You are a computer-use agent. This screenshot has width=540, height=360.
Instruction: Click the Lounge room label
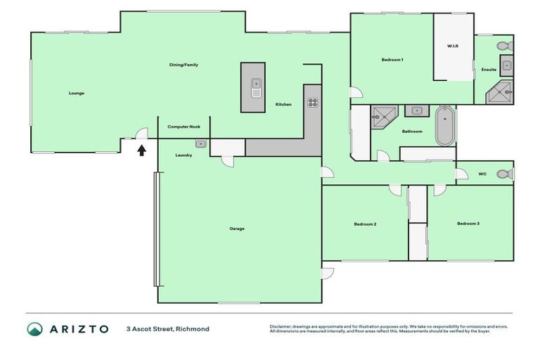(77, 93)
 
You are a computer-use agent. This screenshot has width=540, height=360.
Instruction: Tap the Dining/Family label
(184, 65)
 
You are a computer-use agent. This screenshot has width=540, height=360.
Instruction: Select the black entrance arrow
(141, 149)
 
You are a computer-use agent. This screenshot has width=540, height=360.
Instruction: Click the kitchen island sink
(257, 89)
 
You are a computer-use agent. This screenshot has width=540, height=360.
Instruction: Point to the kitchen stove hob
(312, 103)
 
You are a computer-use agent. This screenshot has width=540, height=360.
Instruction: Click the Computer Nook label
(184, 127)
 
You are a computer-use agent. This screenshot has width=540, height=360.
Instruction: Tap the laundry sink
(200, 143)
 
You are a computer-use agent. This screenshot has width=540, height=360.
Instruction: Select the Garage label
(236, 229)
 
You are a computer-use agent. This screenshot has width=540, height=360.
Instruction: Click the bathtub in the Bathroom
(444, 126)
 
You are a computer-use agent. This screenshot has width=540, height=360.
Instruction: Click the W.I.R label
(453, 46)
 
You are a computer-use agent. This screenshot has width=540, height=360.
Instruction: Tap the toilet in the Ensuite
(504, 46)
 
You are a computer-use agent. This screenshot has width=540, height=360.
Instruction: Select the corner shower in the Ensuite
(503, 91)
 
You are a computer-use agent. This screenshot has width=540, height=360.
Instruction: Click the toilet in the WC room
(503, 174)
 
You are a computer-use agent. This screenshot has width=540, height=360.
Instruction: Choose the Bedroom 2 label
(365, 224)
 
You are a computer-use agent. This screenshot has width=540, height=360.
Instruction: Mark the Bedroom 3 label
(468, 224)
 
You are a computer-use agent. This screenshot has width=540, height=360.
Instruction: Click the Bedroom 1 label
(392, 60)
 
